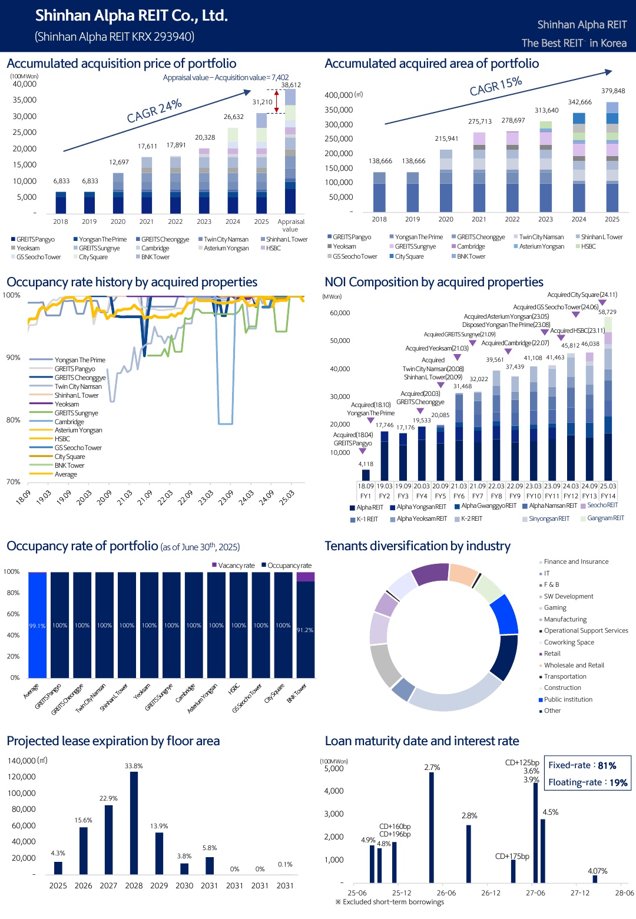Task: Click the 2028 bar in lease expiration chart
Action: tap(134, 822)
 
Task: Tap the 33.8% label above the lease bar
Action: tap(134, 766)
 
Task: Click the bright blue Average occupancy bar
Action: tap(37, 625)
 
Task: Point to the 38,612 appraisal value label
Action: tap(291, 85)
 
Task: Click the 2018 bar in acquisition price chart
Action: tap(61, 203)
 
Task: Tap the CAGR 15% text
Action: tap(496, 85)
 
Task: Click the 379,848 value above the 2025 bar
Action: tap(613, 91)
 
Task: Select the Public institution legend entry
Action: tap(565, 699)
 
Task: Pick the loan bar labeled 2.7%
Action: tap(432, 827)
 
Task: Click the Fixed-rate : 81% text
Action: tap(582, 765)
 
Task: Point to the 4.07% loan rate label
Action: tap(598, 871)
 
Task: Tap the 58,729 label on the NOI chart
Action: tap(607, 312)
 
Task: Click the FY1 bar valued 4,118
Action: tap(366, 475)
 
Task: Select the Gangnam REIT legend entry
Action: tap(602, 518)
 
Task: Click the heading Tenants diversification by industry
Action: tap(418, 546)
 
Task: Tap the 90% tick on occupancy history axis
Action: tap(13, 358)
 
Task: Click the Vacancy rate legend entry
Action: tap(233, 566)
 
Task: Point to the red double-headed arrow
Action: tap(276, 101)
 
